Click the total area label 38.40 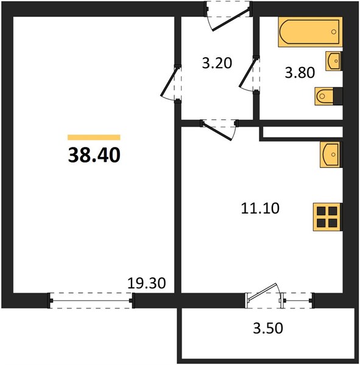pos(94,155)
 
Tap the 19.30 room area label pos(147,283)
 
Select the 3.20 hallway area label pos(217,63)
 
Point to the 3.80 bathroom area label pos(300,72)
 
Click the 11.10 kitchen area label pos(260,208)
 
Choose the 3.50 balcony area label pos(268,328)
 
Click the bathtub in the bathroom pos(310,32)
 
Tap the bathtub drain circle pos(334,32)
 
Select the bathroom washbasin pos(334,61)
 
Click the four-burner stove pos(328,217)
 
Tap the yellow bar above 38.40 pos(94,137)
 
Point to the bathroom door pos(249,74)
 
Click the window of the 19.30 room pos(91,301)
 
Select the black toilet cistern pos(338,96)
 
